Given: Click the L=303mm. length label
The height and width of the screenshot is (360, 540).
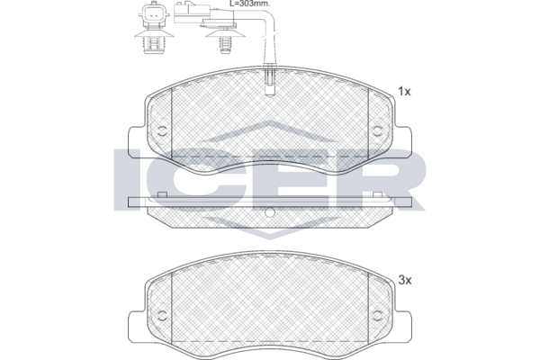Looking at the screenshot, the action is coord(249,4).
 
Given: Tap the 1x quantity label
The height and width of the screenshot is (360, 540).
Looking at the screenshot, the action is coord(404,92).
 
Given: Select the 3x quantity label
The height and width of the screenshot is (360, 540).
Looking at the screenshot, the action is coord(405,281).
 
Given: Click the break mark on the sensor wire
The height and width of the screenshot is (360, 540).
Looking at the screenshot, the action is coord(269,37).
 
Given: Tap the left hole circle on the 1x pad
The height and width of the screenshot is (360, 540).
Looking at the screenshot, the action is coord(162,130).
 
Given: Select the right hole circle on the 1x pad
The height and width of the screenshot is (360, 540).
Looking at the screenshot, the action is coord(378,130).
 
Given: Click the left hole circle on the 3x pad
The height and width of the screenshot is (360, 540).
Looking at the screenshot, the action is coord(162,315).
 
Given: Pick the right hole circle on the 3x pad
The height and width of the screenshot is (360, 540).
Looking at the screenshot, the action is coord(378,315).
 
